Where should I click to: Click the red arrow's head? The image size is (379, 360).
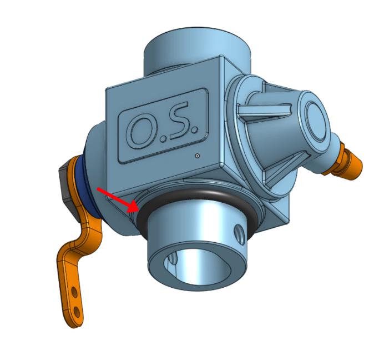[x=132, y=208]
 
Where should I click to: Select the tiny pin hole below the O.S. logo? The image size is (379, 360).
[x=197, y=156]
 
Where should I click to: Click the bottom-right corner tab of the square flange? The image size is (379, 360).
[x=281, y=219]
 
